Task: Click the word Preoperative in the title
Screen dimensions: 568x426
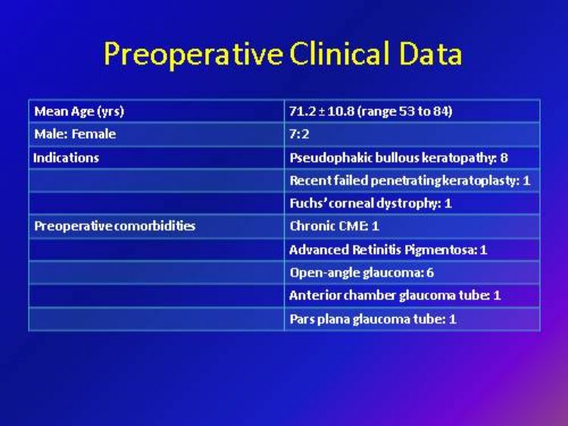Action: [x=193, y=54]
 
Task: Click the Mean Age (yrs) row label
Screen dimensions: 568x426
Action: [x=79, y=111]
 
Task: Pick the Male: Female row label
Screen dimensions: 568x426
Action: [x=75, y=134]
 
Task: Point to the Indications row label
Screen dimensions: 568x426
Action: [x=66, y=158]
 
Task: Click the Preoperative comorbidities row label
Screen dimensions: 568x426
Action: [x=114, y=226]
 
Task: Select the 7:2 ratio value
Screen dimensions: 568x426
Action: [x=299, y=134]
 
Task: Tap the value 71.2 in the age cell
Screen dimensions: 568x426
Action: [x=302, y=111]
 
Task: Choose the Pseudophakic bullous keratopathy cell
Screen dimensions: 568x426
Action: [x=398, y=158]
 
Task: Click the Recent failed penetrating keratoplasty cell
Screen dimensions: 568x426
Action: [x=410, y=180]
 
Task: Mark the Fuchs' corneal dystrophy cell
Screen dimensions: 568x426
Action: [x=370, y=203]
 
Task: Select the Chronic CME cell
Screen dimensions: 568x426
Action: [x=334, y=226]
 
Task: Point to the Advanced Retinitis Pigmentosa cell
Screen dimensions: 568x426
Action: [x=388, y=250]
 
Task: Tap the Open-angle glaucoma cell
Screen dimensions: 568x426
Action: [x=361, y=273]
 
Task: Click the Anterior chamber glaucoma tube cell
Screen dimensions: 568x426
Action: [x=395, y=296]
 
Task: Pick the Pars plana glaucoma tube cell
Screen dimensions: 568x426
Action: [x=373, y=319]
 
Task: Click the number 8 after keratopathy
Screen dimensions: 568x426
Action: [x=504, y=158]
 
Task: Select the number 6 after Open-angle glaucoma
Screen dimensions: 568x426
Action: [x=430, y=273]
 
